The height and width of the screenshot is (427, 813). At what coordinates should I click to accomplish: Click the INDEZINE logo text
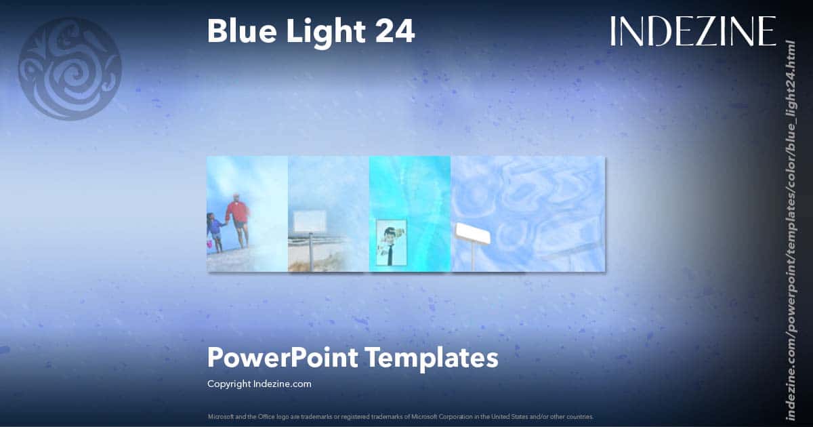tap(692, 31)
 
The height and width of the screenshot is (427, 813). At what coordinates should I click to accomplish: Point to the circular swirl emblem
tap(70, 68)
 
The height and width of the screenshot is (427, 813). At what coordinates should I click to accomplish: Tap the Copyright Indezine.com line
tap(259, 384)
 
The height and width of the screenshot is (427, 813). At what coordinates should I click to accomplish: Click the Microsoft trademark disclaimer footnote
tap(400, 416)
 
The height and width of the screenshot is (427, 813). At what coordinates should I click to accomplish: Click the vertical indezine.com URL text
tap(789, 230)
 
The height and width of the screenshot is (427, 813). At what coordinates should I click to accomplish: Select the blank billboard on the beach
tap(310, 221)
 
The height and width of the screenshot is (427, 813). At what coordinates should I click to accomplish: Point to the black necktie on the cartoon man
tap(390, 253)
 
